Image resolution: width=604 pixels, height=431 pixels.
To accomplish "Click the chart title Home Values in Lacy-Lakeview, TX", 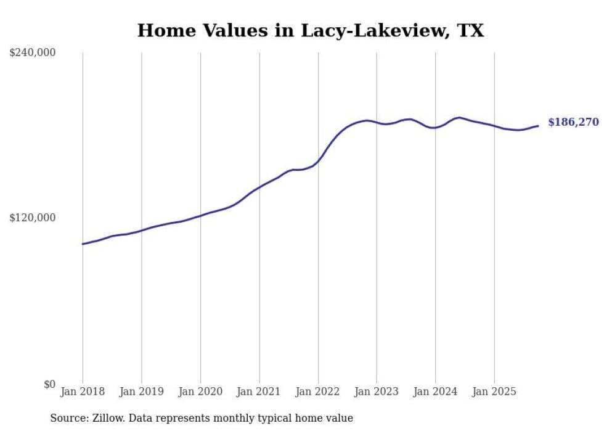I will (x=310, y=30).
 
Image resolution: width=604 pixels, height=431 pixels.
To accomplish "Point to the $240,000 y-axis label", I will (x=33, y=53).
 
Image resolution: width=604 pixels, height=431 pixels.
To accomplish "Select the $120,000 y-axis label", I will (x=33, y=218).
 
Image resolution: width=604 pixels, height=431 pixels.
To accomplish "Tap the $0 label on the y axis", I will (x=49, y=384).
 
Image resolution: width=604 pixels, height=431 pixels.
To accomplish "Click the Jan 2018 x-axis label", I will (x=83, y=392).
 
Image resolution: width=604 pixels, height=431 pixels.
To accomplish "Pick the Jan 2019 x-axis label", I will (x=141, y=392).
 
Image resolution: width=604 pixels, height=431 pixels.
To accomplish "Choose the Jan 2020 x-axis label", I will (x=200, y=392).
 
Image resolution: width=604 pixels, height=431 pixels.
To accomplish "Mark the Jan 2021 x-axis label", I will (x=259, y=392).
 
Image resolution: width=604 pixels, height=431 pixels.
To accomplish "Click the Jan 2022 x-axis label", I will (x=318, y=392).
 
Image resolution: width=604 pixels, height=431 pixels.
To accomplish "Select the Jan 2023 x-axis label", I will (x=377, y=392).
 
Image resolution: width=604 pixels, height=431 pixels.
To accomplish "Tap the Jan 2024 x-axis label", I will (x=435, y=392).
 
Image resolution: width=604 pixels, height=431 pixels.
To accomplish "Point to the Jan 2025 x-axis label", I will (x=494, y=392).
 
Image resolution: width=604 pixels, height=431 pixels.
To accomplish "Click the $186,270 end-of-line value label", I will (x=573, y=122).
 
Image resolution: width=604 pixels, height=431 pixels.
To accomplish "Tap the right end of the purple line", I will (x=538, y=126).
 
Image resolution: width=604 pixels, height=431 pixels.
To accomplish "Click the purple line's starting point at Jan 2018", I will (x=83, y=244).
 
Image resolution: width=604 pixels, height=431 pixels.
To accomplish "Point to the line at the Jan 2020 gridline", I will (x=200, y=215).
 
